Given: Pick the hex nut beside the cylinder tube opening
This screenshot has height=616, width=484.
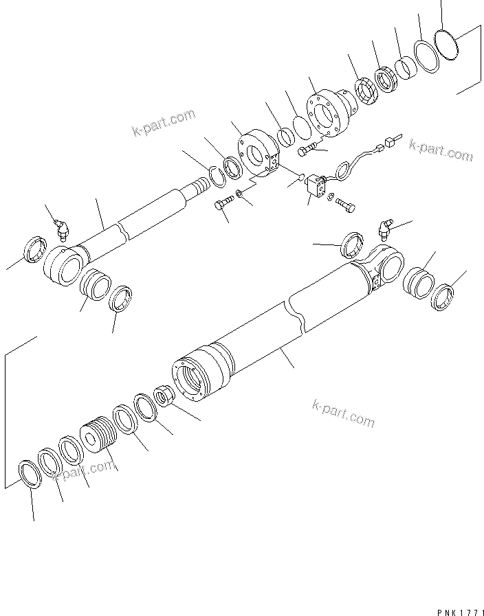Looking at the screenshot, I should [165, 397].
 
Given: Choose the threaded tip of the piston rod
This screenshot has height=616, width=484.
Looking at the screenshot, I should [199, 186].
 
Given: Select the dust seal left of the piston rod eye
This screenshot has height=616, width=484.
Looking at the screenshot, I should [35, 248].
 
